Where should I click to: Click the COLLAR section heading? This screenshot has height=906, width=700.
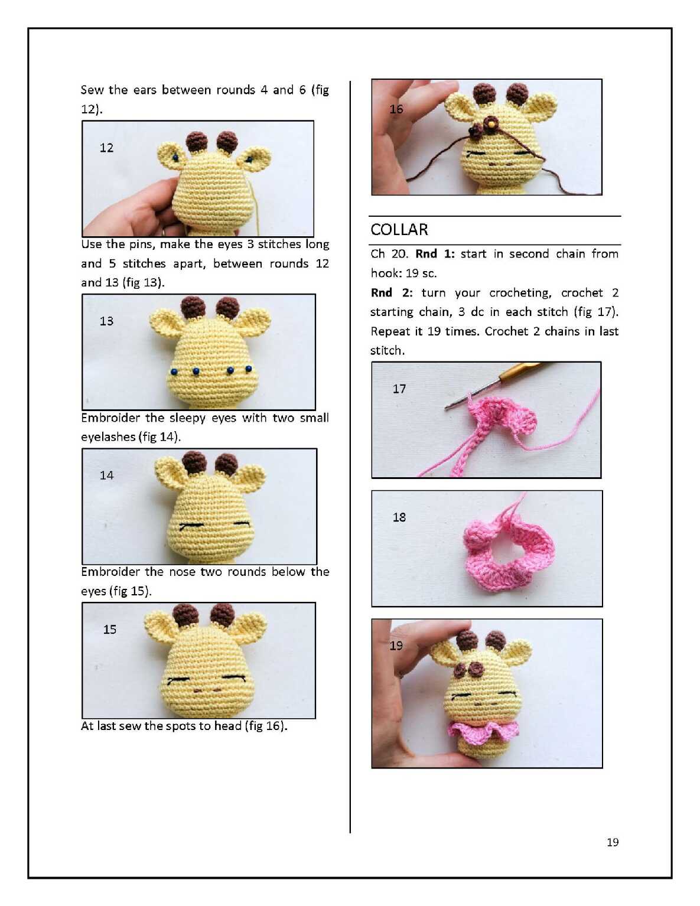pos(399,229)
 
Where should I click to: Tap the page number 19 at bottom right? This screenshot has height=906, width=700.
pos(613,842)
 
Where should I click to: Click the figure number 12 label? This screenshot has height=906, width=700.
pos(106,148)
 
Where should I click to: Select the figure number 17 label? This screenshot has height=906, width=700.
pos(399,389)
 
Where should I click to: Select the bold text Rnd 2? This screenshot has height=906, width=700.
pos(392,293)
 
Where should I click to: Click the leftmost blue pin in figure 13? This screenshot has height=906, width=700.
pos(174,371)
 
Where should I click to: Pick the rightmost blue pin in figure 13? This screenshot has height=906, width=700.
pos(249,369)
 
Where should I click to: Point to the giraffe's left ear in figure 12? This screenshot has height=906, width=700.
pos(171,155)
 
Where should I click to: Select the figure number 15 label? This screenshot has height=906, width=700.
pos(110,629)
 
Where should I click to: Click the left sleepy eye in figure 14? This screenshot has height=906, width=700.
pos(191,525)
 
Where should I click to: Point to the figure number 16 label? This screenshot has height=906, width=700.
pos(396,109)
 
